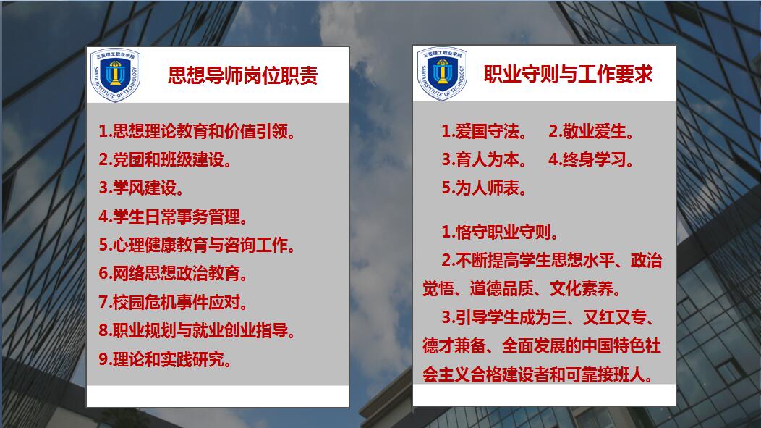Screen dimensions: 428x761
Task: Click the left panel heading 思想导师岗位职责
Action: tap(242, 76)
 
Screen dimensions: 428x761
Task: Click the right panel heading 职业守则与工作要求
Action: tap(568, 75)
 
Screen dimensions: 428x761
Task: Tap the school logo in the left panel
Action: tap(115, 75)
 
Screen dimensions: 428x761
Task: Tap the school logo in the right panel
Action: tap(442, 74)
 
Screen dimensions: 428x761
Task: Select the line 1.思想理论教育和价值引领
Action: tap(197, 132)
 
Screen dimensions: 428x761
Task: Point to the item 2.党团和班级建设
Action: tap(166, 160)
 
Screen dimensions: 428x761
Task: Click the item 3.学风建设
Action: tap(142, 188)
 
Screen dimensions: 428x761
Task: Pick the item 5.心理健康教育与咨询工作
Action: tap(197, 246)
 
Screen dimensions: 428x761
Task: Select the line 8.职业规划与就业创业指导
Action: tap(197, 331)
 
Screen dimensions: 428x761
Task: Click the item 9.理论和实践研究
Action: tap(166, 359)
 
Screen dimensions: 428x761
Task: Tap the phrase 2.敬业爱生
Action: tap(591, 132)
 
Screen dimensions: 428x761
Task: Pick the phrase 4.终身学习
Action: tap(591, 160)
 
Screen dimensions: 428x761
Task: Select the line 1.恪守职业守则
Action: tap(499, 232)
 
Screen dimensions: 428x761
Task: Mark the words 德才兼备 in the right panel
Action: tap(451, 346)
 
